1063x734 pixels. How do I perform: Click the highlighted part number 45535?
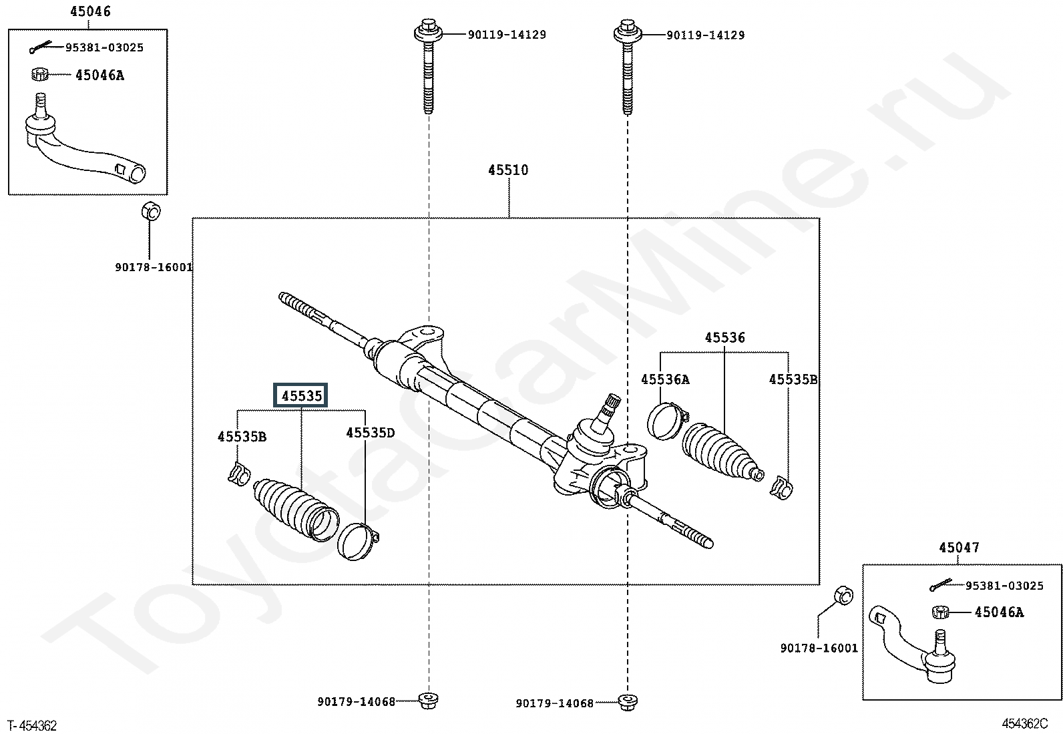coord(301,395)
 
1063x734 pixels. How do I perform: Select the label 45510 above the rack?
coord(508,170)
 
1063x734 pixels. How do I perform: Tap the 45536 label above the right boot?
coord(724,337)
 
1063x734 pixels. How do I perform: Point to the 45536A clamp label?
coord(665,379)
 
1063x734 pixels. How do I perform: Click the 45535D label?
coord(370,433)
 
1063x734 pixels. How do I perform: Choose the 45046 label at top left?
coord(90,11)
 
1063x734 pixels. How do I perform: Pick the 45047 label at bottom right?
coord(959,548)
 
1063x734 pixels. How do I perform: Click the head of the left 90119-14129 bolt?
coord(429,32)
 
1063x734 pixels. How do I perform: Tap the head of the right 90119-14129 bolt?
coord(628,32)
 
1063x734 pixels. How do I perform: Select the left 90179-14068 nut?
coord(429,701)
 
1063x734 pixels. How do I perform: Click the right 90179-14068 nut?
coord(628,703)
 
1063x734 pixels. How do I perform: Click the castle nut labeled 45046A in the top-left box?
coord(40,74)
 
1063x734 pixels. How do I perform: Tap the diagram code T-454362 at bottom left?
coord(32,725)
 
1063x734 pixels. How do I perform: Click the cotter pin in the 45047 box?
coord(941,585)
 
